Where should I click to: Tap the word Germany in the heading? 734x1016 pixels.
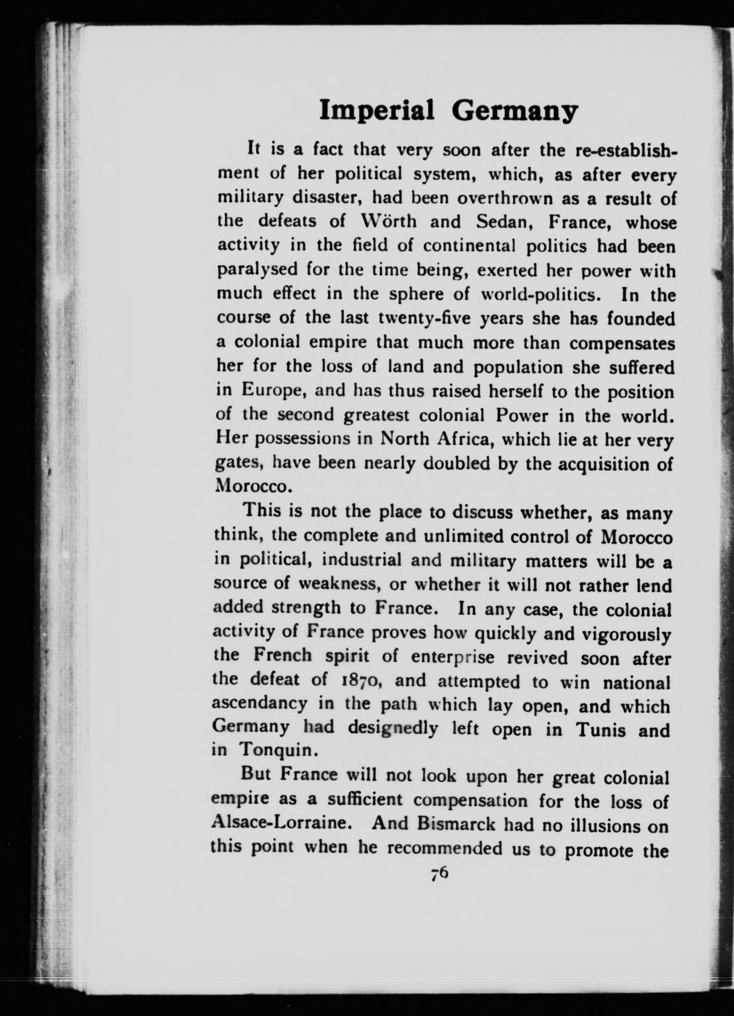point(514,112)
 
